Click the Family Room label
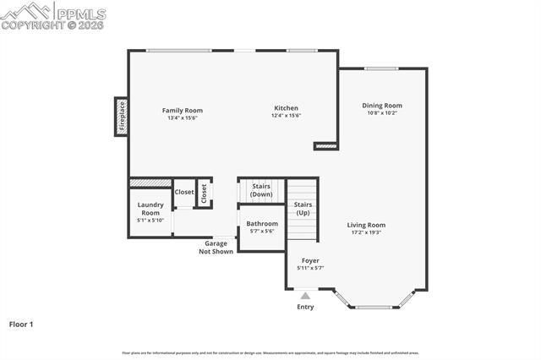[183, 110]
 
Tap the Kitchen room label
[286, 108]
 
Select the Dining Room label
[380, 106]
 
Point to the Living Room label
[366, 225]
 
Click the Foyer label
[310, 261]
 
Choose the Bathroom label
[262, 224]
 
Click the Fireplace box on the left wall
[122, 117]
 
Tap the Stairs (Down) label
[261, 190]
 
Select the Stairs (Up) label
[303, 208]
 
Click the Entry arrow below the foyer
[305, 296]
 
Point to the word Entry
[305, 307]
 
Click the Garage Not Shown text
[216, 247]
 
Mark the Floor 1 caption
[22, 324]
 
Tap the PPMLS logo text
[80, 14]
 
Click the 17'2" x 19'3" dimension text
[366, 232]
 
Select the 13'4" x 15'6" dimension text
[183, 117]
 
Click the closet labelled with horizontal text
[184, 192]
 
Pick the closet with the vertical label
[204, 193]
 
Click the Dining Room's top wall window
[381, 68]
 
